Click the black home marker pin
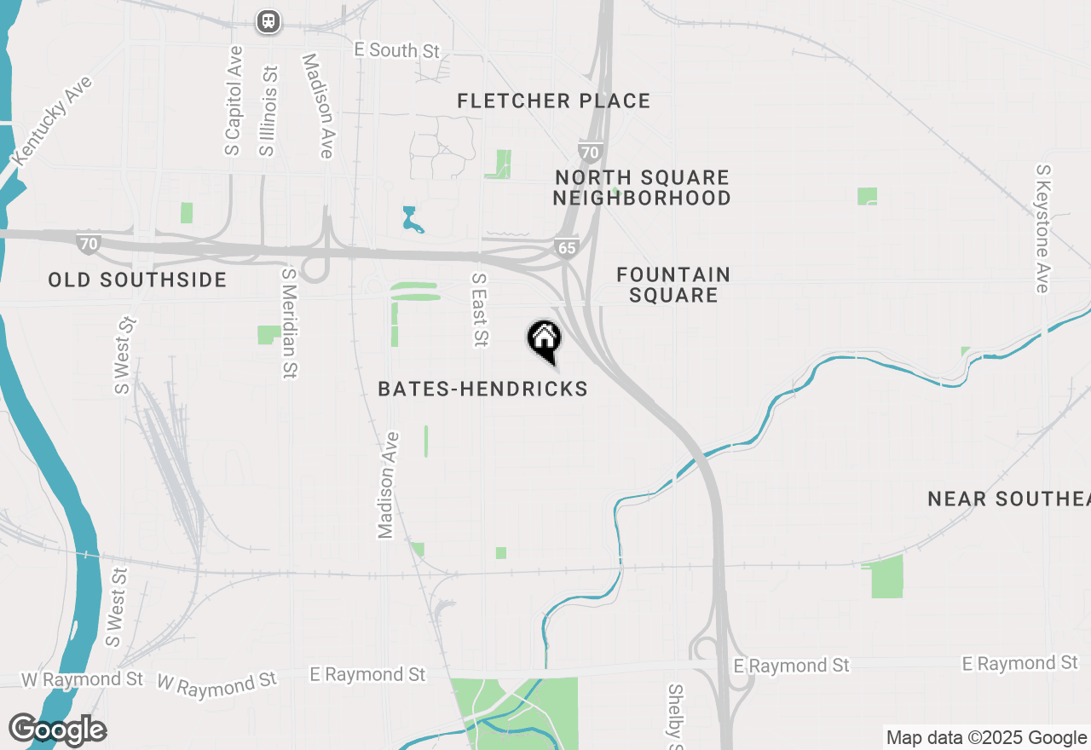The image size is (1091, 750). point(544,339)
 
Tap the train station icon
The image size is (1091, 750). point(268,21)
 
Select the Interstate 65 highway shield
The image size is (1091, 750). point(565,248)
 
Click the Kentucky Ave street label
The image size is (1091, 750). point(52,120)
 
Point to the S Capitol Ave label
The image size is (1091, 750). point(234,101)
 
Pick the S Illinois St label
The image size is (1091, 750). point(268,111)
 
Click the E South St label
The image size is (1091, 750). point(397,50)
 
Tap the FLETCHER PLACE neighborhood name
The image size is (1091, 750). point(554,101)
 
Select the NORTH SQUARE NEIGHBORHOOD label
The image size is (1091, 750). point(642,187)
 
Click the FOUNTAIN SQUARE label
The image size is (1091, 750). point(673,285)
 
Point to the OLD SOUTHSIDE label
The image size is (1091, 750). point(137,280)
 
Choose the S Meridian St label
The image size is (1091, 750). point(289,322)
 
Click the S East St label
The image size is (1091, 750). point(480,309)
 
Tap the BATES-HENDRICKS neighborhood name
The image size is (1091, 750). point(482,389)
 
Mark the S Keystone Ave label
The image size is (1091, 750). point(1042,228)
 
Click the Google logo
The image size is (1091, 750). point(58,730)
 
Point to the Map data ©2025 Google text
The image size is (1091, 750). point(986,738)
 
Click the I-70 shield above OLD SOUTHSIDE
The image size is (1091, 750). point(89,244)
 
